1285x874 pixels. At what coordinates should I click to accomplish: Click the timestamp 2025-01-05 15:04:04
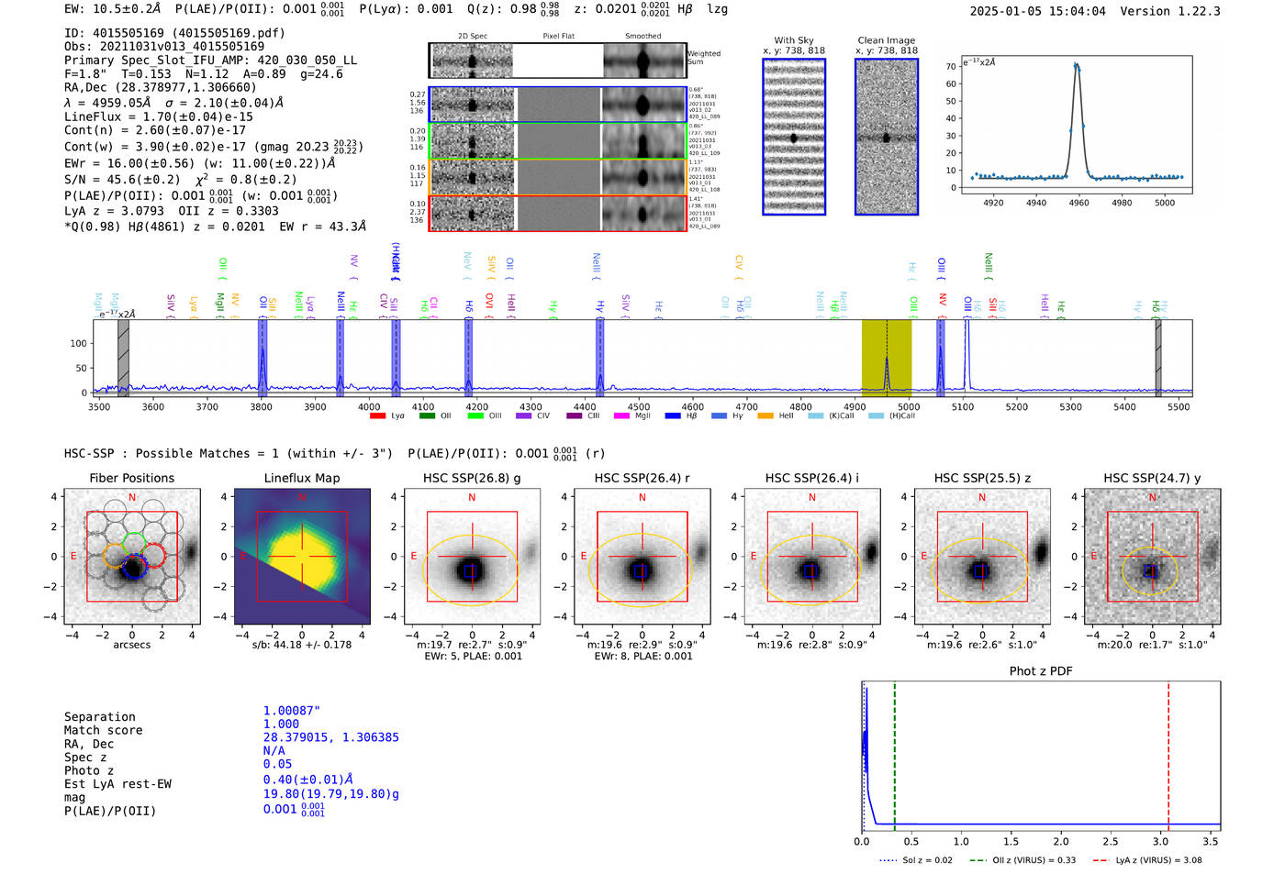coord(1037,11)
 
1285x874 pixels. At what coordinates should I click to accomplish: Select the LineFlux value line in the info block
coord(158,116)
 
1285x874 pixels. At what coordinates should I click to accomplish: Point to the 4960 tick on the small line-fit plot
coord(1078,203)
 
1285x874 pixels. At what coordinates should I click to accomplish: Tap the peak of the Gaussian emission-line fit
coord(1077,65)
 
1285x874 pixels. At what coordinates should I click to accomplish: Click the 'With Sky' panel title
coord(793,40)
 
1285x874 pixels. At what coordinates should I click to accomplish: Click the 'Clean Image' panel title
coord(886,40)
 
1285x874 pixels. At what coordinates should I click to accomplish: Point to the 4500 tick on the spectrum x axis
coord(639,406)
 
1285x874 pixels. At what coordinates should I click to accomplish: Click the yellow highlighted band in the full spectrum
coord(886,356)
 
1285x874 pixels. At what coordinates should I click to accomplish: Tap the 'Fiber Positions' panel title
coord(131,478)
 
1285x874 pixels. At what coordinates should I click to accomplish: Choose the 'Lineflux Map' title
coord(301,478)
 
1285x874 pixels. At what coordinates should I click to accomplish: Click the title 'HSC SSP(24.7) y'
coord(1152,478)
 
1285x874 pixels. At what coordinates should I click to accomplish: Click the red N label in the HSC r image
coord(642,497)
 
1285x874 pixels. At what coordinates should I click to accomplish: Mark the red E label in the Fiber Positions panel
coord(73,556)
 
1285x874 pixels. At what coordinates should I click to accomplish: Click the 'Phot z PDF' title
coord(1041,671)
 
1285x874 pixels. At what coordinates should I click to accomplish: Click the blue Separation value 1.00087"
coord(291,711)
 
